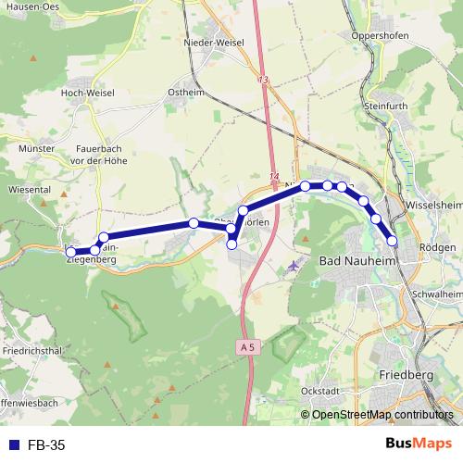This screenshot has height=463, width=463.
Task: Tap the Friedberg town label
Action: point(407,374)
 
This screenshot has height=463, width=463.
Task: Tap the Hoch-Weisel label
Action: point(85,93)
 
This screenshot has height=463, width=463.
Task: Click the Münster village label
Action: point(37,148)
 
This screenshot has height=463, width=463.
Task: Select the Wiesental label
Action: point(29,187)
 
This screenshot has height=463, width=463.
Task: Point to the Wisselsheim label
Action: point(433,206)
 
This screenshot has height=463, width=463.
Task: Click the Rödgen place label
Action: point(437,247)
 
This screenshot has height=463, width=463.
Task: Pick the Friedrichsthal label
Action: point(32,351)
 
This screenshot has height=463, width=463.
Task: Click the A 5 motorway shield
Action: point(244,346)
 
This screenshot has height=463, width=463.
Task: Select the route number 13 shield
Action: point(265,81)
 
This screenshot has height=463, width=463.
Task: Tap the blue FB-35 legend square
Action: point(13,445)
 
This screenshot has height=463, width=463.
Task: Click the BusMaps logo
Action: point(419,444)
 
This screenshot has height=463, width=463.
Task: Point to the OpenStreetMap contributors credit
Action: point(382,415)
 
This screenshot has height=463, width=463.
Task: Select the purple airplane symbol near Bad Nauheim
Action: point(295,266)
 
